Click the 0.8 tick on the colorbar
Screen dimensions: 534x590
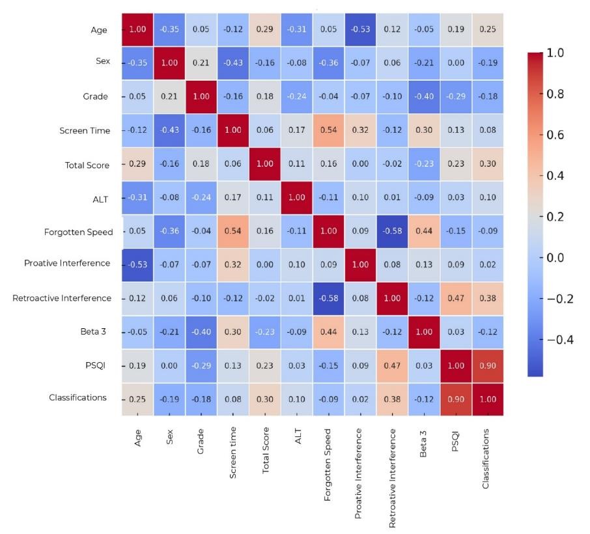point(554,94)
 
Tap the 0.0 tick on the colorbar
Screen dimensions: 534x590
point(554,258)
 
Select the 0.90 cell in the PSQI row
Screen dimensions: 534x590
point(487,365)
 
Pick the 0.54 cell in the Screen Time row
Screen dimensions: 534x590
point(329,130)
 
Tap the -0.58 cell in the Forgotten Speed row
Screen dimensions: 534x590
point(392,231)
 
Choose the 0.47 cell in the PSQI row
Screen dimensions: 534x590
point(392,365)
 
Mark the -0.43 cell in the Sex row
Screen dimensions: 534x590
point(233,63)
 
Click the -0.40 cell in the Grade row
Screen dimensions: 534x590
point(424,97)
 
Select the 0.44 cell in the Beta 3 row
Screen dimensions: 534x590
point(329,331)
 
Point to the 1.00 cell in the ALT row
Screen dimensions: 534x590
point(297,197)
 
